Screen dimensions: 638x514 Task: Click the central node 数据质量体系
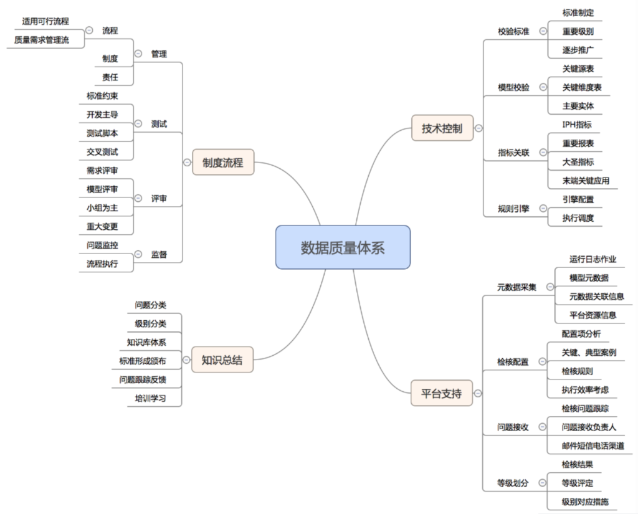click(343, 247)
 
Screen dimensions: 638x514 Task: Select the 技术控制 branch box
click(442, 128)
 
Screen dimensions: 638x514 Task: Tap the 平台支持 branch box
click(442, 393)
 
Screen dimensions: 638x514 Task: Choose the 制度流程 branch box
click(223, 163)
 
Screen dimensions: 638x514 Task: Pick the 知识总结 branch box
click(222, 359)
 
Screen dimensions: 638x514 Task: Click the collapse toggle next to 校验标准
click(543, 31)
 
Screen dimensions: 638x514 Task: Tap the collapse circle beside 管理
click(138, 54)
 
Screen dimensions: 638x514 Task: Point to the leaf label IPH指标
click(577, 125)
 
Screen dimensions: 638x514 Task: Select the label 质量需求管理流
click(42, 40)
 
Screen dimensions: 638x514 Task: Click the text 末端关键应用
click(586, 181)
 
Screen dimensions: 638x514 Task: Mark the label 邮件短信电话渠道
click(593, 445)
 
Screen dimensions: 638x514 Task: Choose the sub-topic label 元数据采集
click(517, 287)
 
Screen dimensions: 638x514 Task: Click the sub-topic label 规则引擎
click(513, 209)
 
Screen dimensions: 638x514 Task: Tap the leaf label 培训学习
click(151, 398)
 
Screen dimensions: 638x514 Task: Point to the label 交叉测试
click(102, 152)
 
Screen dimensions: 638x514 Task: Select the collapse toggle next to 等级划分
click(542, 483)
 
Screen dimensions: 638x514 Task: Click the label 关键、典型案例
click(589, 353)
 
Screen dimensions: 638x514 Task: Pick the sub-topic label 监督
click(159, 254)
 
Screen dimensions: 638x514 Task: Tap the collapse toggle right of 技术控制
click(478, 128)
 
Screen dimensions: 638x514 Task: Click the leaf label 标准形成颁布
click(143, 361)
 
